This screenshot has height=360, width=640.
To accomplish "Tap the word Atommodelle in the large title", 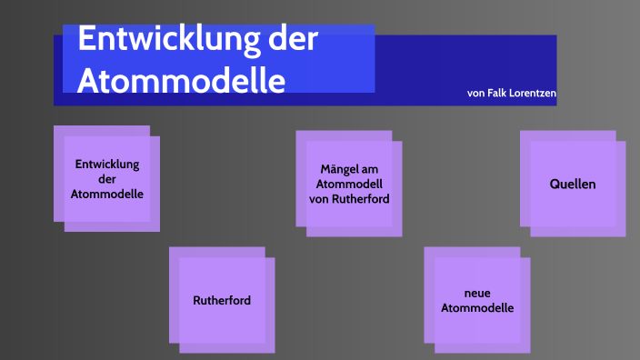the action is click(181, 80).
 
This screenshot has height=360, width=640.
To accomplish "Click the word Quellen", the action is click(573, 184).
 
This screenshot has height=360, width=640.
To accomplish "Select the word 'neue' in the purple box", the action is click(477, 294).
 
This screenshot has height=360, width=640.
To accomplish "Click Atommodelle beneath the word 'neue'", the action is click(477, 308).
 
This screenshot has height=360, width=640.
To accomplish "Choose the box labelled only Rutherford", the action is click(222, 300).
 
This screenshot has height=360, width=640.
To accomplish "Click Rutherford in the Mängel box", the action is click(364, 198).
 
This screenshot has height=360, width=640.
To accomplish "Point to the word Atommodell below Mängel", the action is click(349, 184).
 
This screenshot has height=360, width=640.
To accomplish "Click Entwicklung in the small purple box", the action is click(107, 165).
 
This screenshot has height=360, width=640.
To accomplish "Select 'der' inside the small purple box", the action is click(107, 179).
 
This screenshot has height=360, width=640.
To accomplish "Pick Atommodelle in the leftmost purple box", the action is click(107, 194).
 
